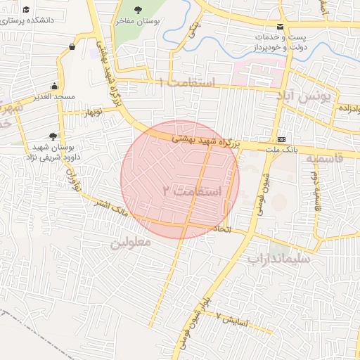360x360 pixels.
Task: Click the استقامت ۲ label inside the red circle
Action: click(192, 191)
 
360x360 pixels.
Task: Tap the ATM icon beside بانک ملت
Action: click(282, 139)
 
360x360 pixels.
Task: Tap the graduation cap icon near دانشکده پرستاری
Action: click(26, 10)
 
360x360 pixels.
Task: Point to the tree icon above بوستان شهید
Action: click(53, 136)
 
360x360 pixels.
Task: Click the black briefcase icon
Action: click(72, 46)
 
